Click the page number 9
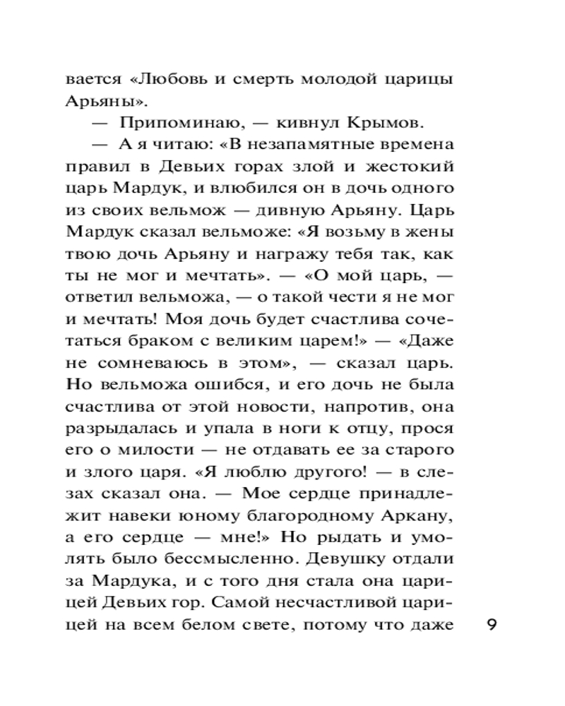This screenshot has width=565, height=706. click(494, 626)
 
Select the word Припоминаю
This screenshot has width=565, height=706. click(164, 123)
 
